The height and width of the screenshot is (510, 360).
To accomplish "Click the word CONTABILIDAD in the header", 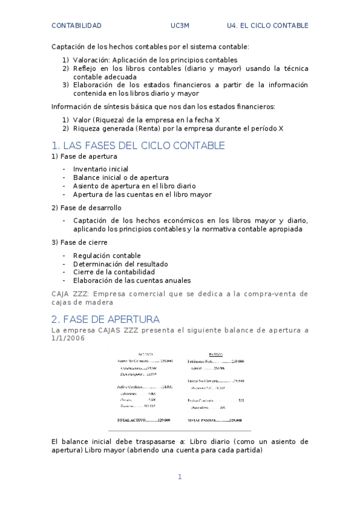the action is tap(76, 26).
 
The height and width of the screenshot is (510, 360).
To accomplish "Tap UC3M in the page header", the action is tap(180, 26).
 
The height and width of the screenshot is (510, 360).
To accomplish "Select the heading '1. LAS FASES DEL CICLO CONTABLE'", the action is tap(138, 146).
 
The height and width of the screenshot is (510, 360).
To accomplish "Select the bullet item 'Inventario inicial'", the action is tap(100, 169).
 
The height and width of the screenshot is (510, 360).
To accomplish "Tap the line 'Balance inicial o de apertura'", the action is tap(120, 177).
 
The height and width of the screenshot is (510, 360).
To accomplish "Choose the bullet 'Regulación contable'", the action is tap(106, 256).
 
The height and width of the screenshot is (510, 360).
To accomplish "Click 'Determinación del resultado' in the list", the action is tap(120, 264).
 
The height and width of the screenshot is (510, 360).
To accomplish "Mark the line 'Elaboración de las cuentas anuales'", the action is tap(132, 280).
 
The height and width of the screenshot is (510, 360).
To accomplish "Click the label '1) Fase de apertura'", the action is tap(84, 156).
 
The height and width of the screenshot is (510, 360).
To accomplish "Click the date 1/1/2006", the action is tap(68, 339).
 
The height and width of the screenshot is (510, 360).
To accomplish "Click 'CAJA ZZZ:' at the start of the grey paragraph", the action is tap(71, 293).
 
